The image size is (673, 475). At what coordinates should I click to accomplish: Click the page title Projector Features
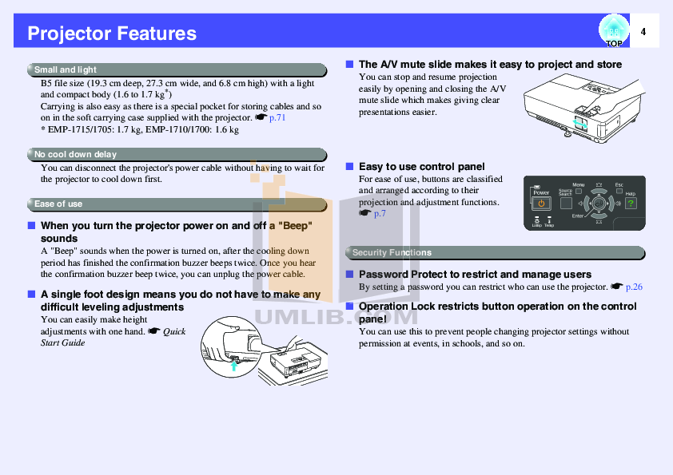(x=112, y=34)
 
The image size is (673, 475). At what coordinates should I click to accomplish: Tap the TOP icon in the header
(x=613, y=32)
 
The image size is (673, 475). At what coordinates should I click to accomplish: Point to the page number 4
(x=643, y=32)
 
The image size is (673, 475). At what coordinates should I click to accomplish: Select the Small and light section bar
(x=176, y=69)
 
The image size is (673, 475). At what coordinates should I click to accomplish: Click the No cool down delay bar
(x=176, y=154)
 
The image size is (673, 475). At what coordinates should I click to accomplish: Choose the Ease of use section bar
(x=176, y=204)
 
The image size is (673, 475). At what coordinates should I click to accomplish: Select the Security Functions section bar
(x=494, y=252)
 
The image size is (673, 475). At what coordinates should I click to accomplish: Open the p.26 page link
(x=634, y=287)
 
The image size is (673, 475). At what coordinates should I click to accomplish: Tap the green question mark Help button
(x=631, y=204)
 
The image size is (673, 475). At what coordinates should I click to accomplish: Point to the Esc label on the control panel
(x=618, y=185)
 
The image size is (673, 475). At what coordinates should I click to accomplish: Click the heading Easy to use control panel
(x=421, y=166)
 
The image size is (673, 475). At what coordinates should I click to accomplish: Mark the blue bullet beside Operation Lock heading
(x=349, y=306)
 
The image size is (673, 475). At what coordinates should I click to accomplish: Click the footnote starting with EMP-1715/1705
(x=140, y=129)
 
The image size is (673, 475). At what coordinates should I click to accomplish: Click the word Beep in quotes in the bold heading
(x=293, y=226)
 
